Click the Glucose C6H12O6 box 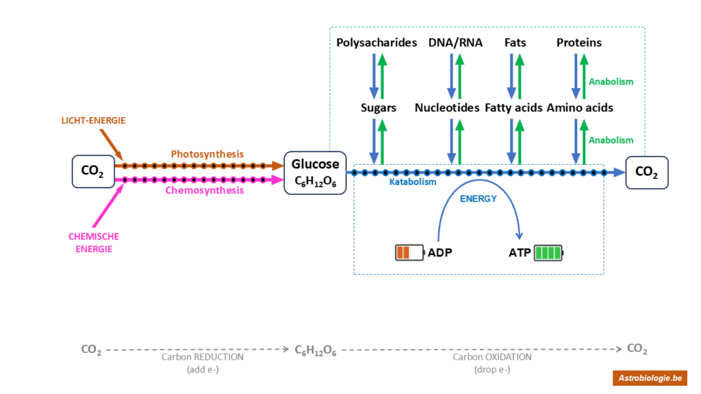click(316, 172)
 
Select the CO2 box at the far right click(646, 172)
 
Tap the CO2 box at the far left click(92, 172)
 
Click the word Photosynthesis click(207, 154)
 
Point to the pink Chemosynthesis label click(204, 190)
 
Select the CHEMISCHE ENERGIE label click(93, 243)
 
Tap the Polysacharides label click(377, 42)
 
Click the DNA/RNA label click(455, 42)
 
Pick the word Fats click(515, 42)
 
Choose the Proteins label click(578, 42)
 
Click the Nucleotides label click(447, 107)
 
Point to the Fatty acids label click(513, 107)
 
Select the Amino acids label click(579, 107)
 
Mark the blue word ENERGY click(478, 199)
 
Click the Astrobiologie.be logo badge click(650, 378)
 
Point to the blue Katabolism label click(413, 183)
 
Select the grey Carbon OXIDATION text click(492, 357)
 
